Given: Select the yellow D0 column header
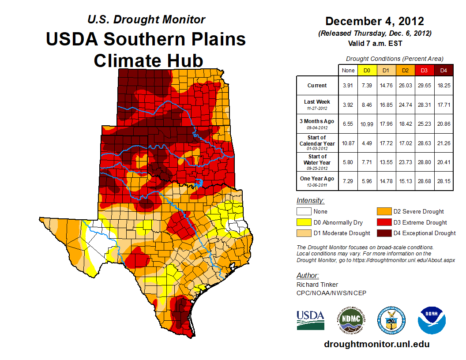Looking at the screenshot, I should tap(366, 70).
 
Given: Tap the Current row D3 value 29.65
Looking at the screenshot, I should tap(424, 86).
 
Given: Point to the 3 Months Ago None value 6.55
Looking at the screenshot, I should tap(348, 124).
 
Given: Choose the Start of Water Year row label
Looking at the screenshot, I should tap(317, 162).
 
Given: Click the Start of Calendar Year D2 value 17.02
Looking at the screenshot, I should tap(405, 143).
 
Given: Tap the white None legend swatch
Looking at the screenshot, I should tap(304, 211).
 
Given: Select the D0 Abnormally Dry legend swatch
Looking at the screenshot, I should tap(304, 222).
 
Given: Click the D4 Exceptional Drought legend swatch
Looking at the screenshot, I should tap(383, 233).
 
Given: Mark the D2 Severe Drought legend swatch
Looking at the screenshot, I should tap(383, 211).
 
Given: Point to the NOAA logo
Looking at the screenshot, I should tap(432, 320).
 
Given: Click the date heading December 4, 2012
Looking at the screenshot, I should tap(374, 21).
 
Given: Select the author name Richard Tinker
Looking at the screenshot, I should tap(317, 285).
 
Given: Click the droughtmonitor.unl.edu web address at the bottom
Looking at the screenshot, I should tap(376, 344).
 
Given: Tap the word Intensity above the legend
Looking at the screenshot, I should tap(310, 200).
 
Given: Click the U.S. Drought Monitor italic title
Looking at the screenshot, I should tap(146, 20).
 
